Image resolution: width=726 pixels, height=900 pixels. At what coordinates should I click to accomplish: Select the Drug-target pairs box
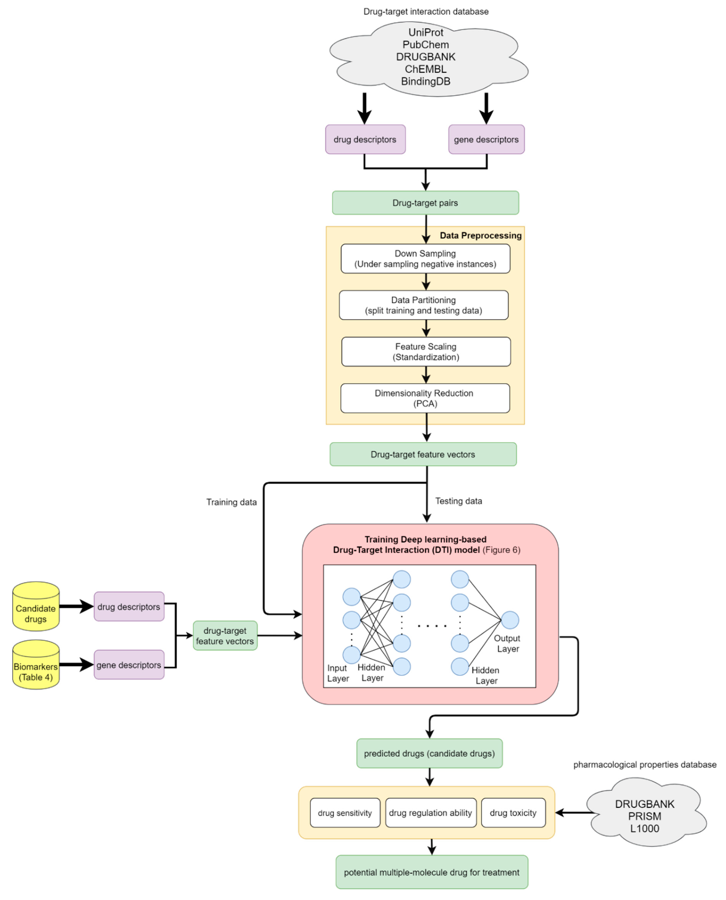click(x=425, y=203)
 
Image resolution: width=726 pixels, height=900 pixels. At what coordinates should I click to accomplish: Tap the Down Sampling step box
click(x=425, y=259)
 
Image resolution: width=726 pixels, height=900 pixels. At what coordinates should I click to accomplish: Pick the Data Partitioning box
click(x=424, y=305)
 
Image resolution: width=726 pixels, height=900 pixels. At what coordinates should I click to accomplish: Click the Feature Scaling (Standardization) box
click(x=426, y=351)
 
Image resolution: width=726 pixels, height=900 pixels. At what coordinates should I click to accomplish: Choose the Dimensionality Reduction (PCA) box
click(x=425, y=398)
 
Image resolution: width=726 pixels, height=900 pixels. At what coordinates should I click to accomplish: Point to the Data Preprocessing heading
click(x=481, y=235)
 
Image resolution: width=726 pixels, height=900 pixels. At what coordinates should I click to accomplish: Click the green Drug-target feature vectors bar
click(x=423, y=454)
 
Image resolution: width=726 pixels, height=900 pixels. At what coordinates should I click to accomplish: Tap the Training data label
click(x=231, y=502)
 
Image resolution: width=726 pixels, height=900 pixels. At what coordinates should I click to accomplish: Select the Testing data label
click(x=458, y=501)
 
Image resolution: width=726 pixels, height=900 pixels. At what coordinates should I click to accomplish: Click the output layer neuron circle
click(x=510, y=620)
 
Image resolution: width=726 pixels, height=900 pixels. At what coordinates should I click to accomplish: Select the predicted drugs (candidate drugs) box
click(x=429, y=753)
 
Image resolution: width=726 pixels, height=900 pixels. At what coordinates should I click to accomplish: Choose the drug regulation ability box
click(x=430, y=813)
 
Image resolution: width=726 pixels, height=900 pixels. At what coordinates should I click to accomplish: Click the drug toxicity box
click(x=513, y=813)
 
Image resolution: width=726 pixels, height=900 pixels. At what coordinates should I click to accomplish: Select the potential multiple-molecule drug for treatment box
click(x=432, y=873)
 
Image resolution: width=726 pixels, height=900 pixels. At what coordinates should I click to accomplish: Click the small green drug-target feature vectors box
click(x=225, y=635)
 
